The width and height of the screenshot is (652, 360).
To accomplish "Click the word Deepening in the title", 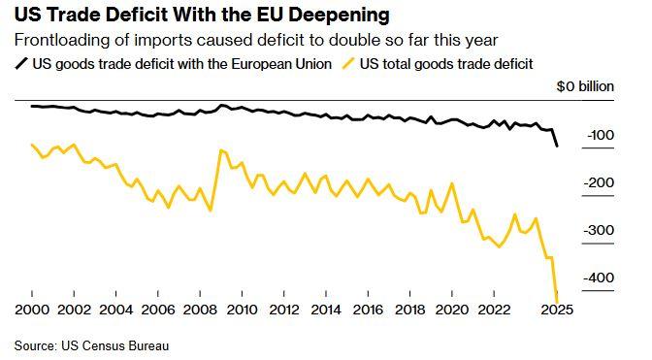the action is pyautogui.click(x=339, y=16).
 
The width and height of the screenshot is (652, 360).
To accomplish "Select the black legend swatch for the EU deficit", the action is pyautogui.click(x=21, y=64).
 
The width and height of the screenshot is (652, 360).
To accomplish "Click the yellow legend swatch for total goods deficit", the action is pyautogui.click(x=348, y=64).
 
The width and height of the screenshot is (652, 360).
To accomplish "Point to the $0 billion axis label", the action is pyautogui.click(x=585, y=86).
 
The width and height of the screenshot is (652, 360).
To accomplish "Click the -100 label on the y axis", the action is pyautogui.click(x=601, y=135).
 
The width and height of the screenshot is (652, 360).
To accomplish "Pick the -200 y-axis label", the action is pyautogui.click(x=599, y=182).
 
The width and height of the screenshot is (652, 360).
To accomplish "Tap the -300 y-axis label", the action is pyautogui.click(x=599, y=230).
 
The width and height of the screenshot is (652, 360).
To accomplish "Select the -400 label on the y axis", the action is pyautogui.click(x=599, y=278).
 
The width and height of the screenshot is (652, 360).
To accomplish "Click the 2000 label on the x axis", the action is pyautogui.click(x=32, y=310).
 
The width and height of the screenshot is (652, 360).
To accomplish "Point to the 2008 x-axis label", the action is pyautogui.click(x=200, y=310).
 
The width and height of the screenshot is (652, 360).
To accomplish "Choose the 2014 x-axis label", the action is pyautogui.click(x=326, y=310).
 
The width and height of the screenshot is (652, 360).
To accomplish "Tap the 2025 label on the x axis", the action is pyautogui.click(x=556, y=310).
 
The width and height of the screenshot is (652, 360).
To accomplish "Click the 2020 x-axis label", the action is pyautogui.click(x=452, y=310).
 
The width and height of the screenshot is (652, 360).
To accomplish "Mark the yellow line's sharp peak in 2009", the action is pyautogui.click(x=221, y=150).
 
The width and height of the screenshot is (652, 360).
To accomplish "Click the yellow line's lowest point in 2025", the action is pyautogui.click(x=557, y=302).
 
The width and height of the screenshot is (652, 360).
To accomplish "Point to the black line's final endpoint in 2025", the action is pyautogui.click(x=557, y=146).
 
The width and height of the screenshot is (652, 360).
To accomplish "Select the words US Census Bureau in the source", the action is pyautogui.click(x=115, y=345).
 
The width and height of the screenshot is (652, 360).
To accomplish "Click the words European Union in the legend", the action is pyautogui.click(x=281, y=64).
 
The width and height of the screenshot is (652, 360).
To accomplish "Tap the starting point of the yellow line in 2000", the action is pyautogui.click(x=32, y=145).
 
